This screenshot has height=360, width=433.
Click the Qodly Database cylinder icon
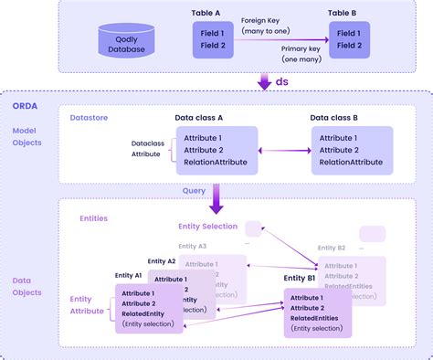click(127, 40)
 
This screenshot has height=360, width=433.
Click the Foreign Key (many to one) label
click(266, 25)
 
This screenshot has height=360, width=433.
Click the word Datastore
click(90, 117)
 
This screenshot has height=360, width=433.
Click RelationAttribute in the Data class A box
click(219, 162)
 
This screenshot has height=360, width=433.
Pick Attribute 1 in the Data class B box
click(341, 137)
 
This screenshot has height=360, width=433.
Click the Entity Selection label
click(207, 226)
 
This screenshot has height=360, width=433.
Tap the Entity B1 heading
click(299, 278)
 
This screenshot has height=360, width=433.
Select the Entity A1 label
click(128, 274)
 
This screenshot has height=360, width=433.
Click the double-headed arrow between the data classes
click(283, 150)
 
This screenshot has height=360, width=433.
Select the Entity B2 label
click(332, 248)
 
